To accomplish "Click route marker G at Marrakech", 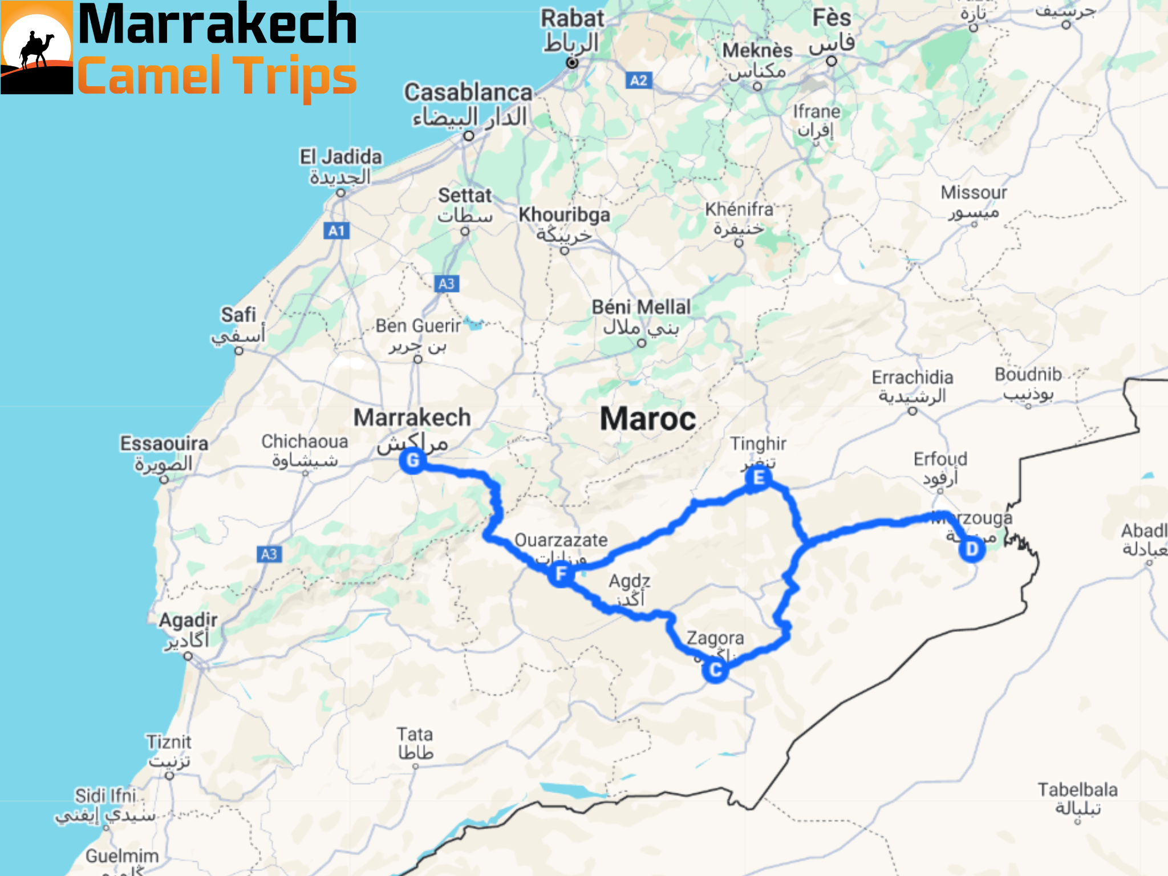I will [413, 460].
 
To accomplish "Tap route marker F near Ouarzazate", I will [561, 573].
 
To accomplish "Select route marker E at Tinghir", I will [759, 478].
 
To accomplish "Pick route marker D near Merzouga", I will [972, 549].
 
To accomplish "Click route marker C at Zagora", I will [715, 670].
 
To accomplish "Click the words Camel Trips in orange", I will [217, 76].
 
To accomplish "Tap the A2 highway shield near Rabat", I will [639, 80].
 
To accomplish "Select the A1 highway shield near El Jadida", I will [336, 231].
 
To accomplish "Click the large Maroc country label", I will [648, 419].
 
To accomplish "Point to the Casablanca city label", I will [468, 92].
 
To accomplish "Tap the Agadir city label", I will [188, 620].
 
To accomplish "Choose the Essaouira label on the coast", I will [164, 444].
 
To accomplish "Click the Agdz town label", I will [629, 581].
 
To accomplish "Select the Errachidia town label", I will [912, 378].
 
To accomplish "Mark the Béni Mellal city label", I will [641, 307].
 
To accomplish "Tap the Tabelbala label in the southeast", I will [1077, 790].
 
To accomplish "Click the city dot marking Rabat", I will [572, 63].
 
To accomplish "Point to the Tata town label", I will [415, 735].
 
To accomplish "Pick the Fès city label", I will [832, 18].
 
